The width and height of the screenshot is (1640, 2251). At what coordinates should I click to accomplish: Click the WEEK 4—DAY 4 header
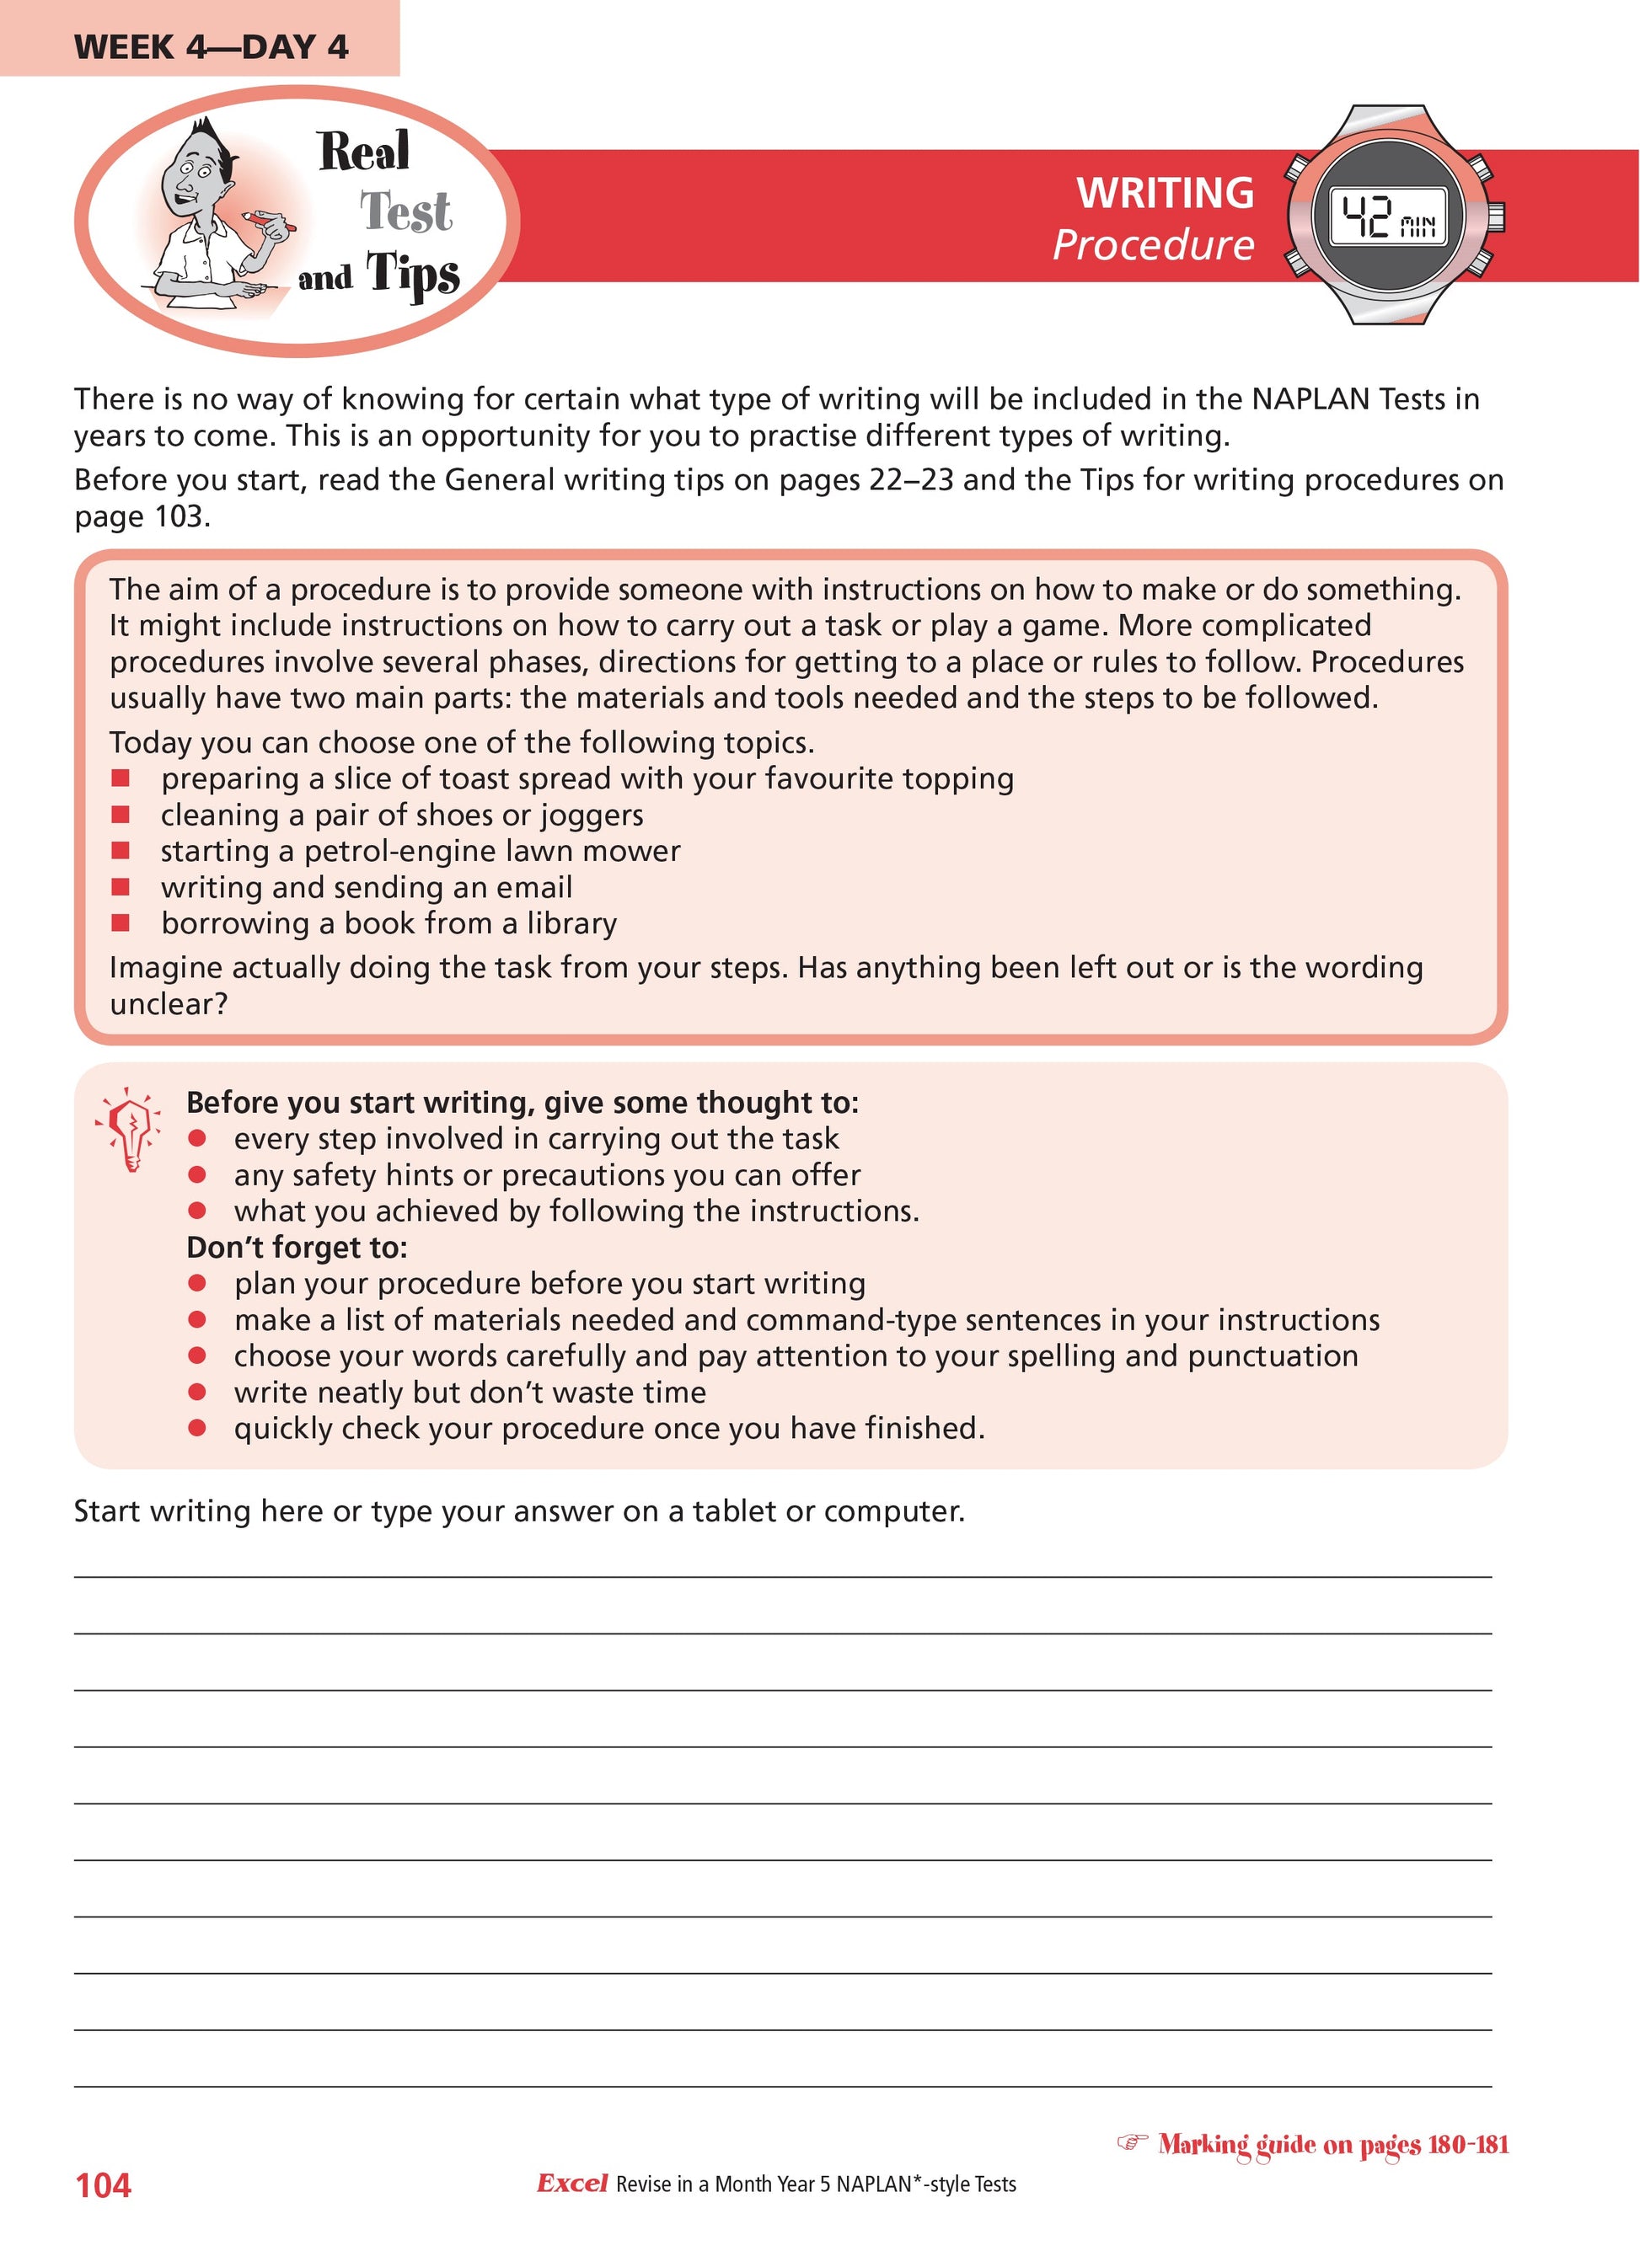(211, 46)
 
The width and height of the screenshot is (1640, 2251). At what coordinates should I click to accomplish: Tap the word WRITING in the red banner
(1165, 193)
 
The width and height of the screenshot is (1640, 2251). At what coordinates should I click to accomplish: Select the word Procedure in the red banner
(1153, 245)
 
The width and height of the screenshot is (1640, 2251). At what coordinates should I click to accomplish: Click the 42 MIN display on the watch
(1388, 217)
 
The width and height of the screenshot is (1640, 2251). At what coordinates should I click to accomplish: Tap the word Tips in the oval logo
(413, 273)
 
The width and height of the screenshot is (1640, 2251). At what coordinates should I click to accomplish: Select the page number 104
(104, 2184)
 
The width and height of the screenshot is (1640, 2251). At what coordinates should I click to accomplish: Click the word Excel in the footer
(572, 2184)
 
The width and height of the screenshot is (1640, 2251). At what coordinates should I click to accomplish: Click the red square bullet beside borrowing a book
(121, 923)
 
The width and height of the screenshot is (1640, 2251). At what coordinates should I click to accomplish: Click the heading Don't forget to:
(297, 1248)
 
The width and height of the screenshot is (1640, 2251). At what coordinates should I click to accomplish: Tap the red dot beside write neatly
(197, 1393)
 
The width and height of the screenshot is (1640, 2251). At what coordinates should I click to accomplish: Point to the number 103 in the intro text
(179, 516)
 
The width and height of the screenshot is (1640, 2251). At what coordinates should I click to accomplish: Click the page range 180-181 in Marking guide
(1466, 2145)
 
